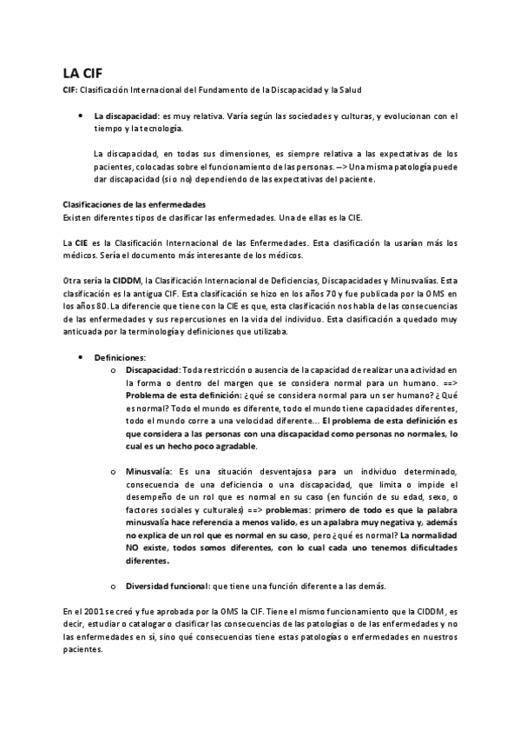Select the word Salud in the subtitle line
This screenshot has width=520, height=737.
351,90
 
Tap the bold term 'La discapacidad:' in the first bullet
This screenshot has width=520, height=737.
124,116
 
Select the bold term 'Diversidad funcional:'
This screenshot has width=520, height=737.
169,561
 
